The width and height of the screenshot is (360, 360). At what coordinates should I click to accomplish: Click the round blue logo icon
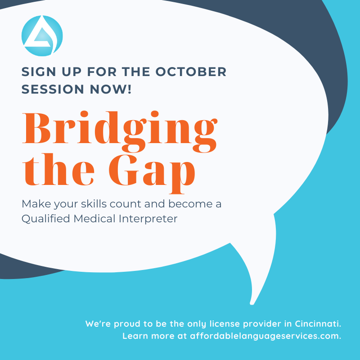pos(42,36)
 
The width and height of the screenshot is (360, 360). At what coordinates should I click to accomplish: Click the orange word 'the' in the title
pos(51,172)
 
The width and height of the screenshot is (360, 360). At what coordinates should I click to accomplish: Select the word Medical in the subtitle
pos(94,219)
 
